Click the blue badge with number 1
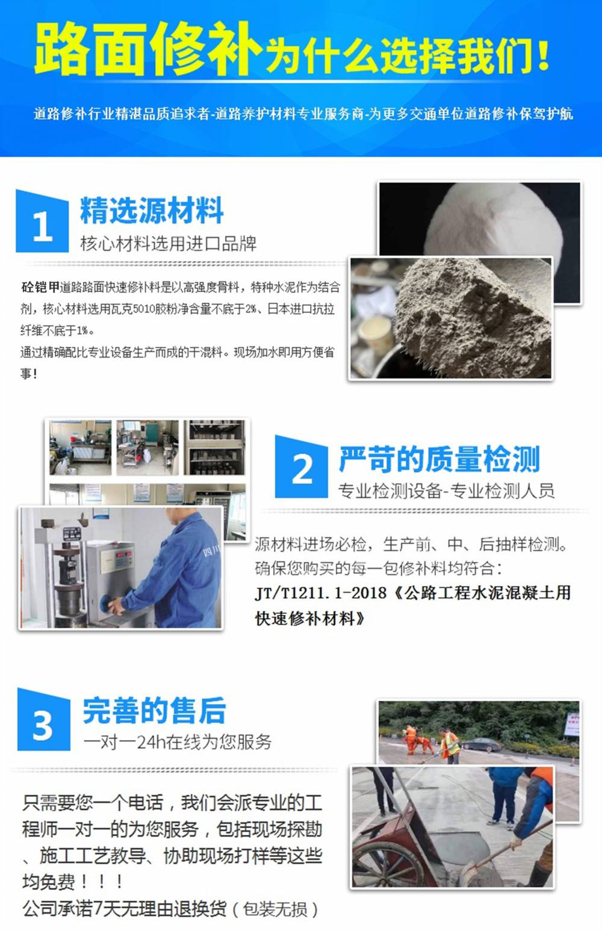coord(42,221)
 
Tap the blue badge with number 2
coord(302,467)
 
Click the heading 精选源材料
coord(152,210)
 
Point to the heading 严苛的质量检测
coord(439,459)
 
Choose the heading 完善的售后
coord(154,710)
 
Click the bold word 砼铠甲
coord(40,287)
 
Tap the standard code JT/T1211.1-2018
coord(320,593)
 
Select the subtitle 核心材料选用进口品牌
coord(169,244)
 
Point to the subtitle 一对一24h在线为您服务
coord(178,742)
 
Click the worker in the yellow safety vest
coord(450,746)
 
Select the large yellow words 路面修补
coord(147,49)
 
